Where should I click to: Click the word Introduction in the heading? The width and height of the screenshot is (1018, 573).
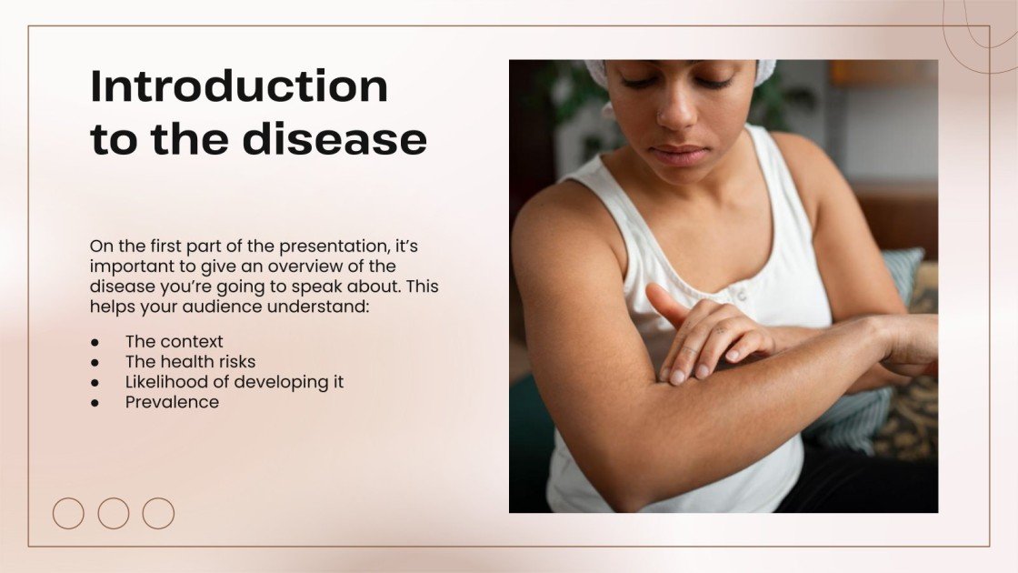pyautogui.click(x=239, y=87)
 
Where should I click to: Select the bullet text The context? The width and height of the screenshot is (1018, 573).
pyautogui.click(x=175, y=342)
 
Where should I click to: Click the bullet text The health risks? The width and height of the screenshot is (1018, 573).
pyautogui.click(x=190, y=362)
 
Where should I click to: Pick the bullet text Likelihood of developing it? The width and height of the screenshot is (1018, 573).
pyautogui.click(x=235, y=382)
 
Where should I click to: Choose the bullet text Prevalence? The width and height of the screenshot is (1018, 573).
pyautogui.click(x=172, y=402)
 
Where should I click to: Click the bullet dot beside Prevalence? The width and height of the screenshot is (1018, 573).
pyautogui.click(x=95, y=402)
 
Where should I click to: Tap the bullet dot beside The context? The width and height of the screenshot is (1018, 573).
pyautogui.click(x=95, y=342)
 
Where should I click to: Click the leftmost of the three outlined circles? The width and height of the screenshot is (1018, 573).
pyautogui.click(x=68, y=513)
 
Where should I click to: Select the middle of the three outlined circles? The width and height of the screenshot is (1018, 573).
pyautogui.click(x=114, y=513)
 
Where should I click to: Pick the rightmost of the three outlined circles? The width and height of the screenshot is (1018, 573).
pyautogui.click(x=158, y=513)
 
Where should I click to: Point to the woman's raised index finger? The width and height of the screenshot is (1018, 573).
pyautogui.click(x=666, y=305)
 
